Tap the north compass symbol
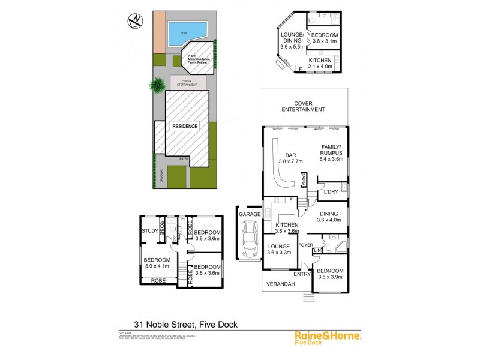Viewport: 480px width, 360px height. tap(136, 22)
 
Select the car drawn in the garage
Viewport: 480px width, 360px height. tap(248, 239)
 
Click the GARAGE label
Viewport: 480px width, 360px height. tap(249, 214)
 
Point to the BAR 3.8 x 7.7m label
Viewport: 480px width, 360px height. tap(290, 158)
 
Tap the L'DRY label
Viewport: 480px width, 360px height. tap(331, 192)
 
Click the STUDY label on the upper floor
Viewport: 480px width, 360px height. tap(149, 230)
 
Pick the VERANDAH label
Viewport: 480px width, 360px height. tap(281, 284)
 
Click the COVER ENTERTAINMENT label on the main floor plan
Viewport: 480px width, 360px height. tap(305, 106)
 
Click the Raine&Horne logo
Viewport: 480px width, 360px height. tap(328, 338)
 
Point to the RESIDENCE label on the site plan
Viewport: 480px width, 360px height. tap(184, 127)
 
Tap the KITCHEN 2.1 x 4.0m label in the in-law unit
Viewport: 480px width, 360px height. tap(320, 64)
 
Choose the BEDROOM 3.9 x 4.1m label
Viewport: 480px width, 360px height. tap(157, 263)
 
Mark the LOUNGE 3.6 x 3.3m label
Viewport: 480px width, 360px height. tap(279, 249)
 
